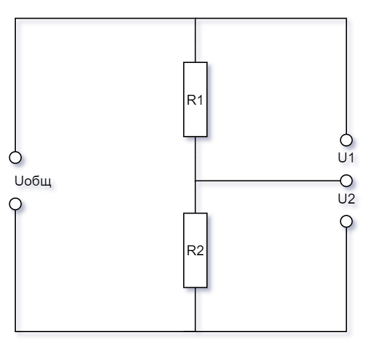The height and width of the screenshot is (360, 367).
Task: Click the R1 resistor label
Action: (x=195, y=100)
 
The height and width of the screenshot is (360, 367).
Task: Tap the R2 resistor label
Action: (x=195, y=251)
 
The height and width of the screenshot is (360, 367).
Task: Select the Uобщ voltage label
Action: (x=33, y=181)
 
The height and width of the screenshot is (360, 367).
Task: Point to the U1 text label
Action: (x=346, y=158)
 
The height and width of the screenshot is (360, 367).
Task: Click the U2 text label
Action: (x=346, y=199)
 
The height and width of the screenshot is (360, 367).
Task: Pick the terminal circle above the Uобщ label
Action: (x=15, y=157)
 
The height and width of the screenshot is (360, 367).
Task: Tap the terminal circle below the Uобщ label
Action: (x=15, y=204)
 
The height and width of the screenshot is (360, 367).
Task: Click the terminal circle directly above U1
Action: (x=346, y=141)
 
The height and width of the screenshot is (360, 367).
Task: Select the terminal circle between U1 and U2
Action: (x=346, y=181)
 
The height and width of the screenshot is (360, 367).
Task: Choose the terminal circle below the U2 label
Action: (x=346, y=221)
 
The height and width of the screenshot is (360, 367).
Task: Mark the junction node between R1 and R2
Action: (x=195, y=181)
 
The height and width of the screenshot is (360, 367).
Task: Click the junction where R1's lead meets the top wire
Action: (x=195, y=19)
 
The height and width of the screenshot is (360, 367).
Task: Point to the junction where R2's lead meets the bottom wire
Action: (x=195, y=331)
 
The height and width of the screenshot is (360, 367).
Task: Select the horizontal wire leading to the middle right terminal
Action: (x=267, y=181)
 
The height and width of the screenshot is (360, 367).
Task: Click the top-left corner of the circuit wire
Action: (x=15, y=19)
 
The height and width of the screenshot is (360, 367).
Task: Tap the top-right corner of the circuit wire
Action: (x=346, y=19)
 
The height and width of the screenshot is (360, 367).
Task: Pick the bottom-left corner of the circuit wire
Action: (x=15, y=331)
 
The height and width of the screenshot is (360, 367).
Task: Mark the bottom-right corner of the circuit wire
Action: (x=346, y=331)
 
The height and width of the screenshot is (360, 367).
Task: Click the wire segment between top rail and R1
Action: (x=195, y=40)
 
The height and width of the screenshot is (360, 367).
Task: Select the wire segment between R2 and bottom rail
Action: (x=195, y=310)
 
